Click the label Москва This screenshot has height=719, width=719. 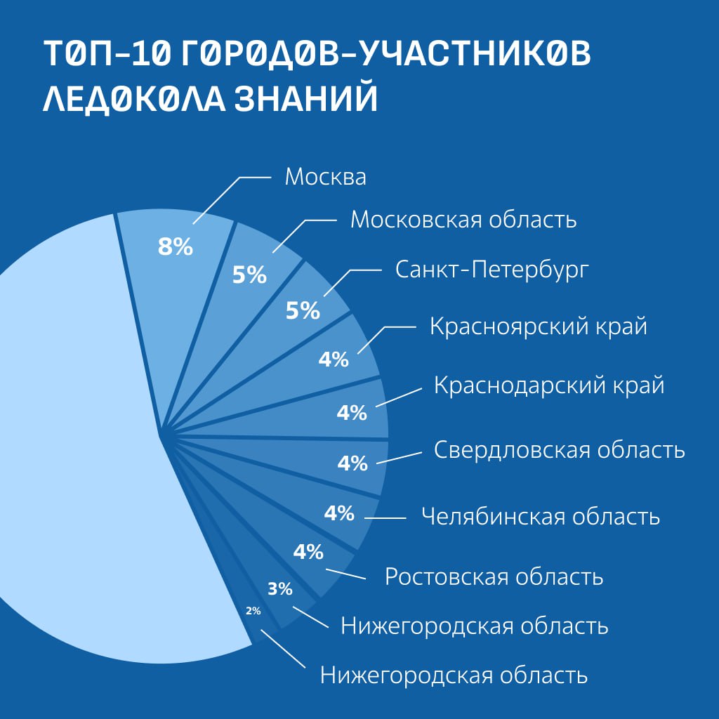[326, 176]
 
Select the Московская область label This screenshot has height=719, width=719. [463, 220]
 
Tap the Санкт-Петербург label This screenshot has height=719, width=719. [492, 270]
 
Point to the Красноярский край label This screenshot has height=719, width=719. [539, 327]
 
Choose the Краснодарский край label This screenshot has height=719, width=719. [549, 385]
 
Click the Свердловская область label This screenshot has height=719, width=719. [560, 450]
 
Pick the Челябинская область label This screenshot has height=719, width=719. [541, 517]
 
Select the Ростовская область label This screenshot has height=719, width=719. [494, 576]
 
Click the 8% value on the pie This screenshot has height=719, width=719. [175, 246]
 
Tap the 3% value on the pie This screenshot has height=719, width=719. [279, 589]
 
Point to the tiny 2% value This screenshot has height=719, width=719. [253, 611]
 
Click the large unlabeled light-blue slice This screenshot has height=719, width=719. [92, 435]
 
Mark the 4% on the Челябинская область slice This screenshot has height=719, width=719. [339, 513]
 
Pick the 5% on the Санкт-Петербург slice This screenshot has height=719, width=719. [303, 310]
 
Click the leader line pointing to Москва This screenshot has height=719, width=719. [232, 200]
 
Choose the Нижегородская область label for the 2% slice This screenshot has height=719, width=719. [454, 675]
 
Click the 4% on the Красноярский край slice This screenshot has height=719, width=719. [334, 359]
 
